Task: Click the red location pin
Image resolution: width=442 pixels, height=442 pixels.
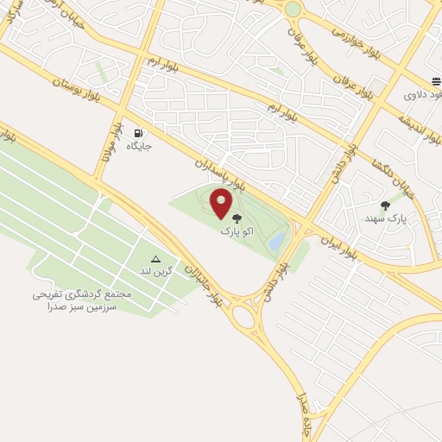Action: pos(222,204)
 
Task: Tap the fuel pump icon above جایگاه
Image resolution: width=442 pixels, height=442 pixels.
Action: pos(138,133)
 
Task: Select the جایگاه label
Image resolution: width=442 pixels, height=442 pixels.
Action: pos(138,148)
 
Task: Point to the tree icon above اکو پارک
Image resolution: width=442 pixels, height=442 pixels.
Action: pos(237,218)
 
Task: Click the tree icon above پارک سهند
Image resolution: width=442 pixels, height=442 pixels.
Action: pos(385,205)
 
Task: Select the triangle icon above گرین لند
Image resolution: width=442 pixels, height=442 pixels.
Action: pos(156,259)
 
